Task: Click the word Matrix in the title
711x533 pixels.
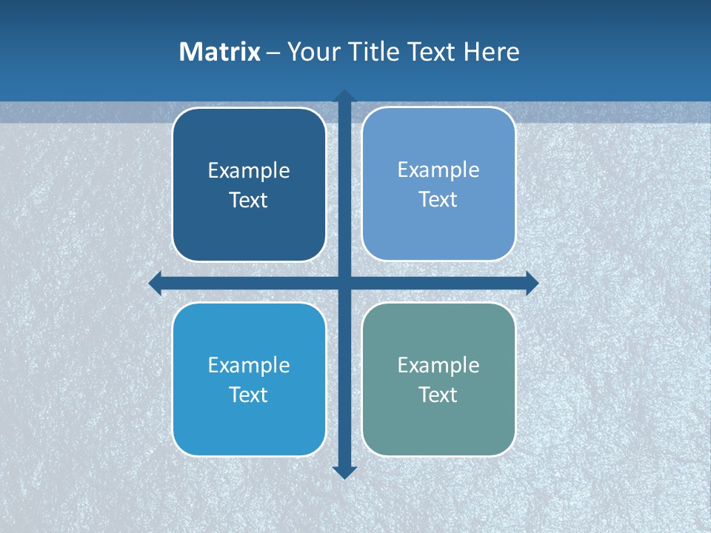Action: click(219, 52)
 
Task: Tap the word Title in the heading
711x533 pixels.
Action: click(372, 52)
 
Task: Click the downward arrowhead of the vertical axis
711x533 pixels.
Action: click(344, 472)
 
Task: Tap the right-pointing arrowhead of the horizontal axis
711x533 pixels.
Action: click(531, 283)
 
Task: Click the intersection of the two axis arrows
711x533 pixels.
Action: click(344, 283)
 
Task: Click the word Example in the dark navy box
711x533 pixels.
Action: click(249, 171)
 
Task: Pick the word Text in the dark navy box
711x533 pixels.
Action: click(249, 201)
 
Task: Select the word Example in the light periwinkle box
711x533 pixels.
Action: click(438, 170)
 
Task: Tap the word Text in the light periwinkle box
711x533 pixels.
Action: click(438, 200)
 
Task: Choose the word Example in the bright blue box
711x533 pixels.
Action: click(249, 365)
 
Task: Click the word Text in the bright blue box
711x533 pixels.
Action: click(249, 395)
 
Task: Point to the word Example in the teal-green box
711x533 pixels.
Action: click(438, 365)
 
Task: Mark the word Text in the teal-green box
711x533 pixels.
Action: click(438, 395)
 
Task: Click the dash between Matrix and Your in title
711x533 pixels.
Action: click(273, 53)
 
